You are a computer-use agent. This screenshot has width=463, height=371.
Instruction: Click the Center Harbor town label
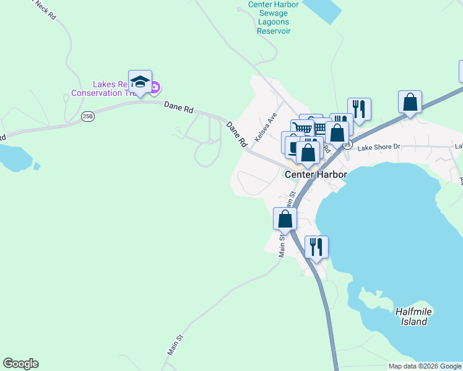coord(316,174)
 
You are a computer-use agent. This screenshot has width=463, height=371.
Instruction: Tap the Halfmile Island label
coord(412,317)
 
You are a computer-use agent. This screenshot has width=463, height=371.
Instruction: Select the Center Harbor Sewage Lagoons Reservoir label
coord(273,17)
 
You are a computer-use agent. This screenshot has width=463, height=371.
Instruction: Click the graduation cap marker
coord(141,82)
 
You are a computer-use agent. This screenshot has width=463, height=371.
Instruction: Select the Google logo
coord(20,364)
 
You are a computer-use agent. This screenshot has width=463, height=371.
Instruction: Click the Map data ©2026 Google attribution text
coord(425,366)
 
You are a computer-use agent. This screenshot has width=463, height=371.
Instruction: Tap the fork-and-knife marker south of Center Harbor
coord(316,247)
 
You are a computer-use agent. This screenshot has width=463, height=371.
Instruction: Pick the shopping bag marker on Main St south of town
coord(285,219)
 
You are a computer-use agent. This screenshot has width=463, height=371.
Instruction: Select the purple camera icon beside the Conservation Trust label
coord(156,88)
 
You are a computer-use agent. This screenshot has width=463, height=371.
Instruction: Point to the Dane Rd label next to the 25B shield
coord(180,107)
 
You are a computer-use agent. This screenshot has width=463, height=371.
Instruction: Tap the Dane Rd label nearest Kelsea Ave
coord(236,134)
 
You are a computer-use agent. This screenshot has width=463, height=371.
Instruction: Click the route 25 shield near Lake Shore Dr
coord(348,145)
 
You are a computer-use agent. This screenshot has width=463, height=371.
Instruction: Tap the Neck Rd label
coord(45,9)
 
